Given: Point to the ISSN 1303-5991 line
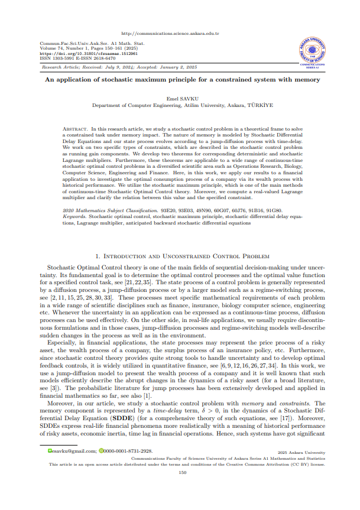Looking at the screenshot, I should pos(59,58).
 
